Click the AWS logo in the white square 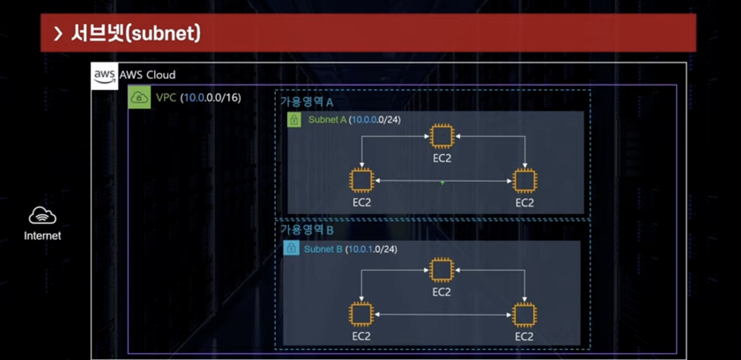[105, 76]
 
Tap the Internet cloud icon [42, 216]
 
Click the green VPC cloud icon [140, 97]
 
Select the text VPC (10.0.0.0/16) [198, 98]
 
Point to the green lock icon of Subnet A [294, 120]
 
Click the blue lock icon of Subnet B [291, 249]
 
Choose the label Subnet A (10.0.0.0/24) [354, 120]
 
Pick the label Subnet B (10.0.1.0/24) [350, 249]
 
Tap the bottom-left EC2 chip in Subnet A [361, 181]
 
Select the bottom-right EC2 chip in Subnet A [524, 181]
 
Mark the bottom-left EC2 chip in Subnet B [361, 314]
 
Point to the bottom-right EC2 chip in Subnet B [524, 314]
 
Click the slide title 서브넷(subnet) [135, 34]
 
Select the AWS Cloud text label [148, 75]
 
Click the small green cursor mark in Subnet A [442, 182]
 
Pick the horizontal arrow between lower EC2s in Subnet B [442, 314]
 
